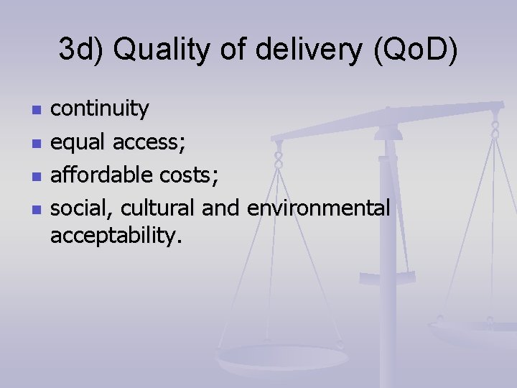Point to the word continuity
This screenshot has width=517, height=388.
(100, 109)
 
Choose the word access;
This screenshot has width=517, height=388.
(150, 142)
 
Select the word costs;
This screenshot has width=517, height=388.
(183, 175)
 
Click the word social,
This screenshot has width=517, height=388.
(82, 208)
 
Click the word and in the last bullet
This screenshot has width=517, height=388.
(223, 208)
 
